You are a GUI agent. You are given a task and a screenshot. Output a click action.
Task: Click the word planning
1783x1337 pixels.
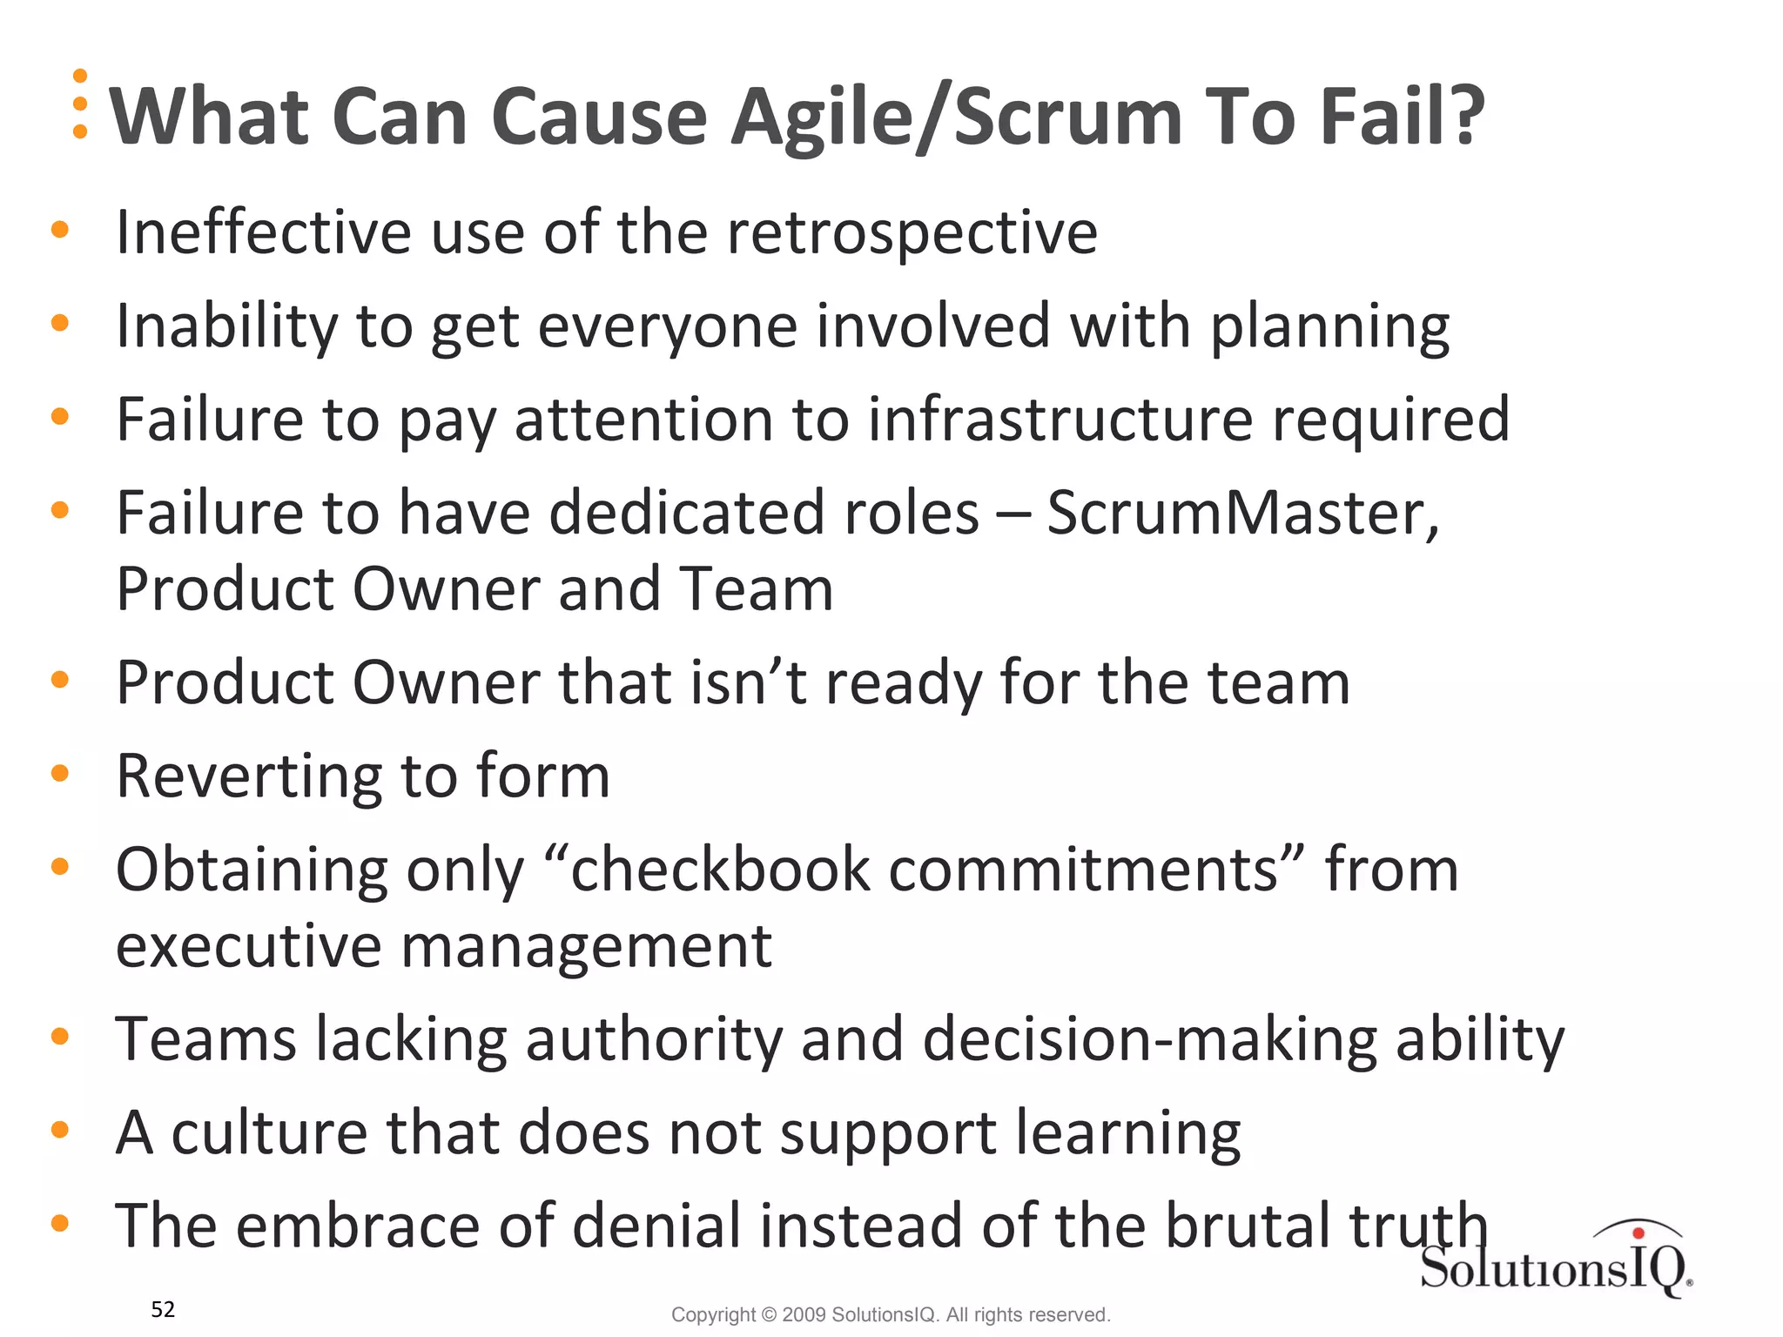[x=1329, y=327]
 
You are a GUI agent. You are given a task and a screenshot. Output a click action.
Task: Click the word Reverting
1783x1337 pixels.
[x=247, y=777]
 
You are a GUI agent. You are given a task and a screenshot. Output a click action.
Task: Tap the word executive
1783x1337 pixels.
[x=248, y=946]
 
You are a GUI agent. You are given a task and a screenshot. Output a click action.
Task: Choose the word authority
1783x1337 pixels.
[x=654, y=1041]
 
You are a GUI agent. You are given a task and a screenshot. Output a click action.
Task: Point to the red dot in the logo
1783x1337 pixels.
[x=1638, y=1233]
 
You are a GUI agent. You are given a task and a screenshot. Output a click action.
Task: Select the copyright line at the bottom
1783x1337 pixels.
[x=891, y=1314]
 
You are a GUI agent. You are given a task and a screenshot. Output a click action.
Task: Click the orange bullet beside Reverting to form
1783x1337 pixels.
[x=60, y=773]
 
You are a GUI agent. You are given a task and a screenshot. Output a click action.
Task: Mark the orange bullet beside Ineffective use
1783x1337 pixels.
[x=60, y=230]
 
